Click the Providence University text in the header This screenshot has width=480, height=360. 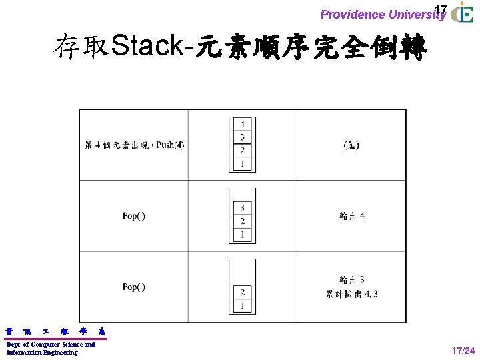[383, 15]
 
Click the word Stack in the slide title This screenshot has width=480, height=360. [148, 47]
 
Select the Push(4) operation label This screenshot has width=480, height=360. [170, 145]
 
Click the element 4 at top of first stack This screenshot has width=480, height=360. [242, 124]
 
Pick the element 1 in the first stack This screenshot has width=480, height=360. [242, 164]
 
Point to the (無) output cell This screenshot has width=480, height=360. [351, 145]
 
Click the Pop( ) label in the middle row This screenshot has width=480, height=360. [134, 216]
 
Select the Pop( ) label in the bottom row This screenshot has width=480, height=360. [134, 287]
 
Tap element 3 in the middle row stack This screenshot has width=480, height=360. [242, 208]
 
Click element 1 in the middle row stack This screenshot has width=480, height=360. [242, 235]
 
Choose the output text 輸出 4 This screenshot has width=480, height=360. [351, 216]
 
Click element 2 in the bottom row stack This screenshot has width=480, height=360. [242, 292]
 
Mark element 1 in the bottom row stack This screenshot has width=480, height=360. [242, 305]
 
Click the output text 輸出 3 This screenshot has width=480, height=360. [351, 280]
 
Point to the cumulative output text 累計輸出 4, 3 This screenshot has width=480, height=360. [351, 294]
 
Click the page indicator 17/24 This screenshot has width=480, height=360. [463, 351]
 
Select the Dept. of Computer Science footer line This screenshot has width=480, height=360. [51, 345]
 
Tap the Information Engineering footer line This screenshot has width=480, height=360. [41, 353]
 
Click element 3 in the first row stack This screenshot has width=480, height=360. [242, 137]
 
